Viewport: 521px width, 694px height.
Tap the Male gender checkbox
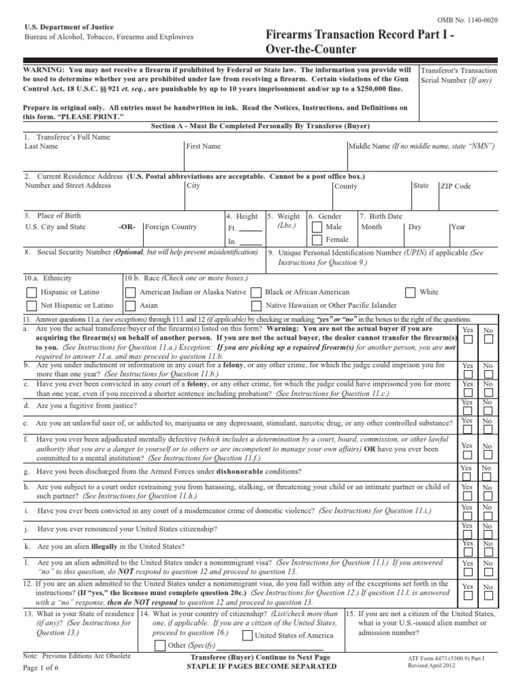coord(317,227)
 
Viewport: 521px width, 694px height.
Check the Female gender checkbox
coord(317,240)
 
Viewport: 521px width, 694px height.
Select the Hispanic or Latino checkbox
coord(31,293)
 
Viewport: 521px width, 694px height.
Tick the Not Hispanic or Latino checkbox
coord(31,306)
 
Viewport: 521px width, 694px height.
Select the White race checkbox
coord(410,293)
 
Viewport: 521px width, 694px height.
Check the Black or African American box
coord(256,293)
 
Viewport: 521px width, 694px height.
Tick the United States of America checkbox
coord(247,635)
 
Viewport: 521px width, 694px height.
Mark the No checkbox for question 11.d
coord(488,411)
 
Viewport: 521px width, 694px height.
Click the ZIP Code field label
coord(455,186)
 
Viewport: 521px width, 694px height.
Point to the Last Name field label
coord(40,146)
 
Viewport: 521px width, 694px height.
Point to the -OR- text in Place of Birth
coord(126,227)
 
